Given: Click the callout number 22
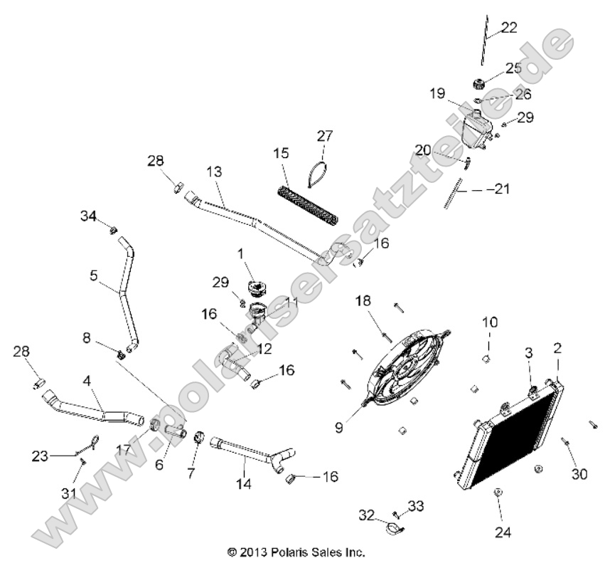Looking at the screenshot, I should click(508, 28).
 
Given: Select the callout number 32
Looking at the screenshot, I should click(366, 513).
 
